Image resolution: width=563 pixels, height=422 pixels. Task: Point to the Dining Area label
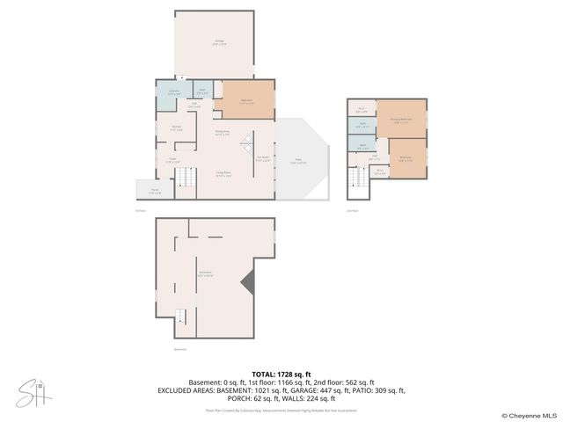[223, 134]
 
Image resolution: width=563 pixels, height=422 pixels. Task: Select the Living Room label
[225, 174]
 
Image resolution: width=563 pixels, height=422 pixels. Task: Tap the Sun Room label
[262, 160]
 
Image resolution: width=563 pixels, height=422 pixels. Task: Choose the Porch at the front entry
[154, 193]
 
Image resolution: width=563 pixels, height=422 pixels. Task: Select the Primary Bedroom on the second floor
[401, 121]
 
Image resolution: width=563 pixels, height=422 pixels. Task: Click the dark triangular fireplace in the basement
[250, 283]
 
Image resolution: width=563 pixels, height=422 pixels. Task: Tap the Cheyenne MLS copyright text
[529, 415]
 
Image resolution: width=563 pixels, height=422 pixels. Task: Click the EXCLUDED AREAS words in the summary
[189, 389]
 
